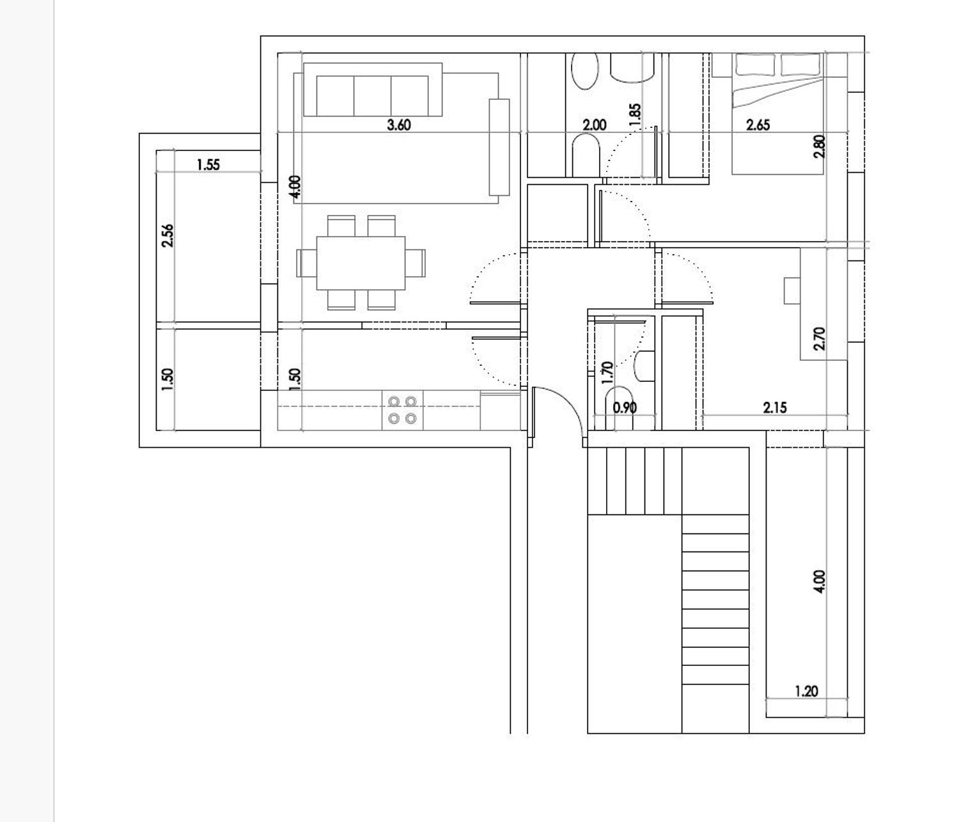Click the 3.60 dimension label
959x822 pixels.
click(399, 125)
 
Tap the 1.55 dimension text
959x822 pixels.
click(208, 165)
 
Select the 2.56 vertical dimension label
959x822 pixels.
click(168, 236)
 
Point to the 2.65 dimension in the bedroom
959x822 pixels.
click(758, 125)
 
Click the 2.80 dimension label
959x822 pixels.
click(820, 146)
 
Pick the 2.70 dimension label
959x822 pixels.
click(820, 339)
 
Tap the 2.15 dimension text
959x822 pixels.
click(775, 407)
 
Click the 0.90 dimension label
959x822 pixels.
click(625, 408)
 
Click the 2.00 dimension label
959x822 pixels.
click(595, 125)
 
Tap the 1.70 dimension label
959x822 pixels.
click(607, 373)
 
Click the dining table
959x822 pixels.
click(361, 263)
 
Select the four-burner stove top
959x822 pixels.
click(402, 410)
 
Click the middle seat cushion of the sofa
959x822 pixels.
click(373, 95)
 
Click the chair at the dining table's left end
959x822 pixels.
click(307, 263)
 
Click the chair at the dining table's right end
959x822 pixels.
click(415, 263)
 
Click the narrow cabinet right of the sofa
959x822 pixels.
click(499, 147)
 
